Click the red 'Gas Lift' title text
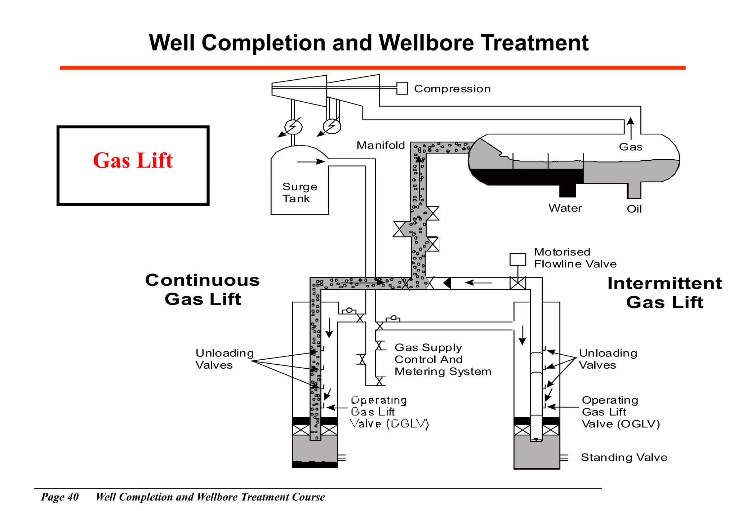point(133,160)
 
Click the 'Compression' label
point(452,89)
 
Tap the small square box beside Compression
point(402,88)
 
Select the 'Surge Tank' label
point(299,192)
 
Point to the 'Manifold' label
point(381,145)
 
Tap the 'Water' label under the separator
point(565,208)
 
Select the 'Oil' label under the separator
point(634,209)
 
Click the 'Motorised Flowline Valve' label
point(575,258)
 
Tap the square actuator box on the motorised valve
point(517,259)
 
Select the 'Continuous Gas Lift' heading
point(203,289)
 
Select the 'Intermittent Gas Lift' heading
point(664,292)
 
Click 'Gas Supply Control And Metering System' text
point(443,359)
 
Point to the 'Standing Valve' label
point(624,457)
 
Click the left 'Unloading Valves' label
point(224,359)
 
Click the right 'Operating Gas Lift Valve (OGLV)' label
point(621,412)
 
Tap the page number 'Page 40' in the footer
point(60,497)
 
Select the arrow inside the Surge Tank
point(311,162)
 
